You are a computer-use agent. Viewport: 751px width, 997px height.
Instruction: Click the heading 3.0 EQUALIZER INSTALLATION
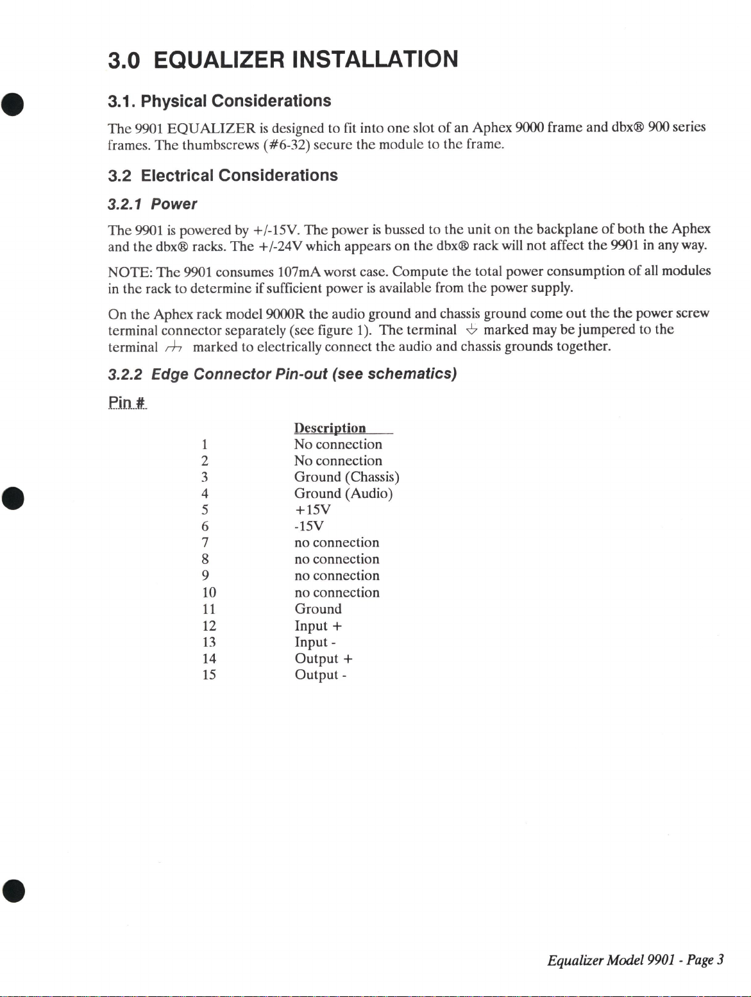(x=283, y=60)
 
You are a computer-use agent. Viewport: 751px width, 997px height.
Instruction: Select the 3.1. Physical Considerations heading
(x=219, y=101)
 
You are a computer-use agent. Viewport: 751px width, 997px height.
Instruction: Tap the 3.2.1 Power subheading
(x=152, y=204)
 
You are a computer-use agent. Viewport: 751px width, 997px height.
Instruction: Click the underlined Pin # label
(x=127, y=402)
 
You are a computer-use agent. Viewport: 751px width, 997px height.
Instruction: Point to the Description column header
(x=330, y=428)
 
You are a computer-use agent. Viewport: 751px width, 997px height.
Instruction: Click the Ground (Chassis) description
(x=346, y=477)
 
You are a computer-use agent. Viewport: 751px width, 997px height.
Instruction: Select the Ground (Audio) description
(x=343, y=493)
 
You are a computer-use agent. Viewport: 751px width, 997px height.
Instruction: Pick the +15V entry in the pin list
(x=312, y=510)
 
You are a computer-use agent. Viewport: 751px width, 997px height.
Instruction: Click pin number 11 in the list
(x=208, y=609)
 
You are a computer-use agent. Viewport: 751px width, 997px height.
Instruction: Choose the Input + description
(x=317, y=626)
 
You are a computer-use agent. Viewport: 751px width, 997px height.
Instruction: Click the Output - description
(x=320, y=675)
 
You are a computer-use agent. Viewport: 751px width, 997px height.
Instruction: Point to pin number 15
(x=208, y=675)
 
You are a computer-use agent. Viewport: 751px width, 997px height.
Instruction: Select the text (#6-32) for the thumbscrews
(x=286, y=144)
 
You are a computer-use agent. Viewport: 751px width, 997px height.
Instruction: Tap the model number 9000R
(x=286, y=314)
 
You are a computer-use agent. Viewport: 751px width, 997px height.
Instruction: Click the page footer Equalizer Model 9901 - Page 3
(x=635, y=960)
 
